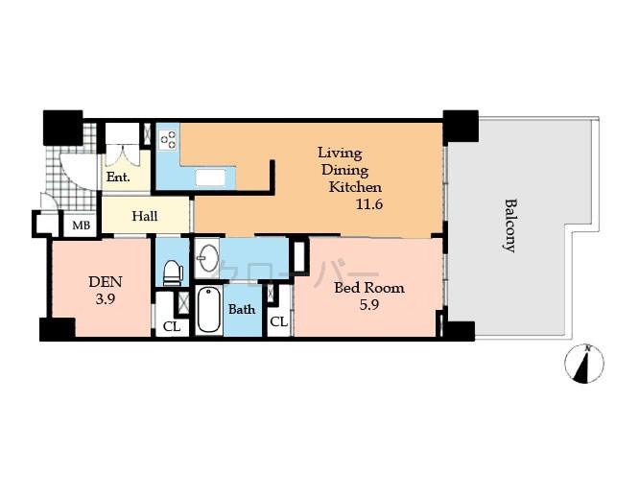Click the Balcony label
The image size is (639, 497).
(x=510, y=225)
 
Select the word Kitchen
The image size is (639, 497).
(x=355, y=187)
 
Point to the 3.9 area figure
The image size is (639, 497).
(x=105, y=298)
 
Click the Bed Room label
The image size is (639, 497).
(x=368, y=287)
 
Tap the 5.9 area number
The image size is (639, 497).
(x=369, y=304)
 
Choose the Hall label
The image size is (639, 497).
(x=145, y=216)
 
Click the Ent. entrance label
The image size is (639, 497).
(x=118, y=177)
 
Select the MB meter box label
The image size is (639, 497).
(x=78, y=226)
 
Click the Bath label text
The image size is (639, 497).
(x=241, y=310)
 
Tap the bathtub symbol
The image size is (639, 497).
(x=209, y=309)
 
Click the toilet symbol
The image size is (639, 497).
(x=173, y=272)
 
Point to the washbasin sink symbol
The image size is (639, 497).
(x=207, y=259)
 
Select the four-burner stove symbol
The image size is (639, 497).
(x=168, y=141)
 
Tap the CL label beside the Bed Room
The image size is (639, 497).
(x=278, y=322)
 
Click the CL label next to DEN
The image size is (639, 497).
(x=171, y=326)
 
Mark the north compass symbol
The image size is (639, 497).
(x=585, y=364)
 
